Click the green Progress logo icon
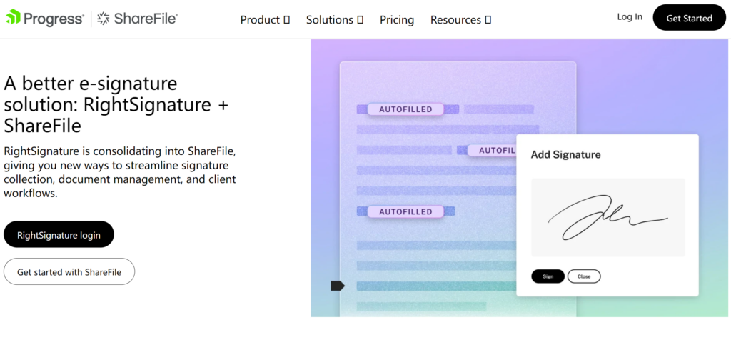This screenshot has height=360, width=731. coord(13,17)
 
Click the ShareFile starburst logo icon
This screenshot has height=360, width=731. coord(103,19)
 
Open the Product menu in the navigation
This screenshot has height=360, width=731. coord(265,20)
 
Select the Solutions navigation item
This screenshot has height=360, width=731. coord(335,20)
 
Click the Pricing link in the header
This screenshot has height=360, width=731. coord(397,20)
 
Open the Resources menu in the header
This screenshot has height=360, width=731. coord(460,20)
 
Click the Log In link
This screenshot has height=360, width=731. coord(630,17)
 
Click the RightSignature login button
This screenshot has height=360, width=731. coord(59,234)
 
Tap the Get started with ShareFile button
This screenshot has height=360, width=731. coord(69,271)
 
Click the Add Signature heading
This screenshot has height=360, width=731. coord(565,155)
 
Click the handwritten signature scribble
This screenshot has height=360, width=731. coord(608,217)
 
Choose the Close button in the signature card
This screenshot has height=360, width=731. coord(584,276)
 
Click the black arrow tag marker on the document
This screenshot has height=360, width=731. coord(338,286)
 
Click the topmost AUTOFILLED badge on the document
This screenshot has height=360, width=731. coord(405,109)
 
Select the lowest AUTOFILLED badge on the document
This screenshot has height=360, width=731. coord(405,211)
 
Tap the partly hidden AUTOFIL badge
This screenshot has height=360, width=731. coord(493,150)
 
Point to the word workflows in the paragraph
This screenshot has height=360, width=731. coord(31,193)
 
